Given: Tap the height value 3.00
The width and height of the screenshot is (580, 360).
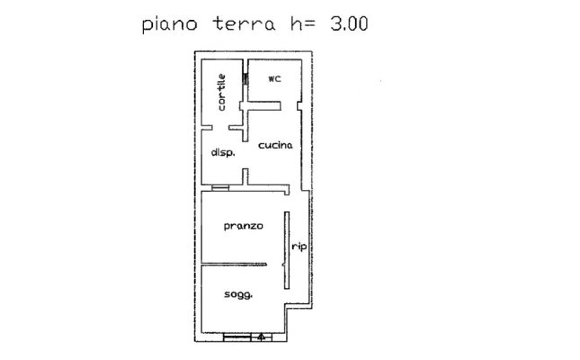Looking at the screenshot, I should pyautogui.click(x=345, y=23).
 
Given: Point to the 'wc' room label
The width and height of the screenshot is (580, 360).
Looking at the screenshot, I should pyautogui.click(x=275, y=78).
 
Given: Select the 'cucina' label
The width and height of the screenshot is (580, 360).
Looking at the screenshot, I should pyautogui.click(x=272, y=144).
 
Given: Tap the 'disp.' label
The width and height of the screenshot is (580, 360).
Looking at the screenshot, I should pyautogui.click(x=222, y=153).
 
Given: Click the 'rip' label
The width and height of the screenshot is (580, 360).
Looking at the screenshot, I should pyautogui.click(x=296, y=249).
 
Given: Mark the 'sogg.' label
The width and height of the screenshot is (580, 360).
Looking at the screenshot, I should pyautogui.click(x=237, y=294).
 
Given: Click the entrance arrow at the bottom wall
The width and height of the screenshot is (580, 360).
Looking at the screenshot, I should pyautogui.click(x=261, y=338).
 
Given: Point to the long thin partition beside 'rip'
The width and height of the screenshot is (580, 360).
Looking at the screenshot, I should pyautogui.click(x=286, y=249).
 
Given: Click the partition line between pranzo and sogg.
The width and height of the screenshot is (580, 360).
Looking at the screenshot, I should pyautogui.click(x=234, y=264).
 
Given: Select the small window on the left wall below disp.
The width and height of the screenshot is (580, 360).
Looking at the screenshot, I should pyautogui.click(x=207, y=187).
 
